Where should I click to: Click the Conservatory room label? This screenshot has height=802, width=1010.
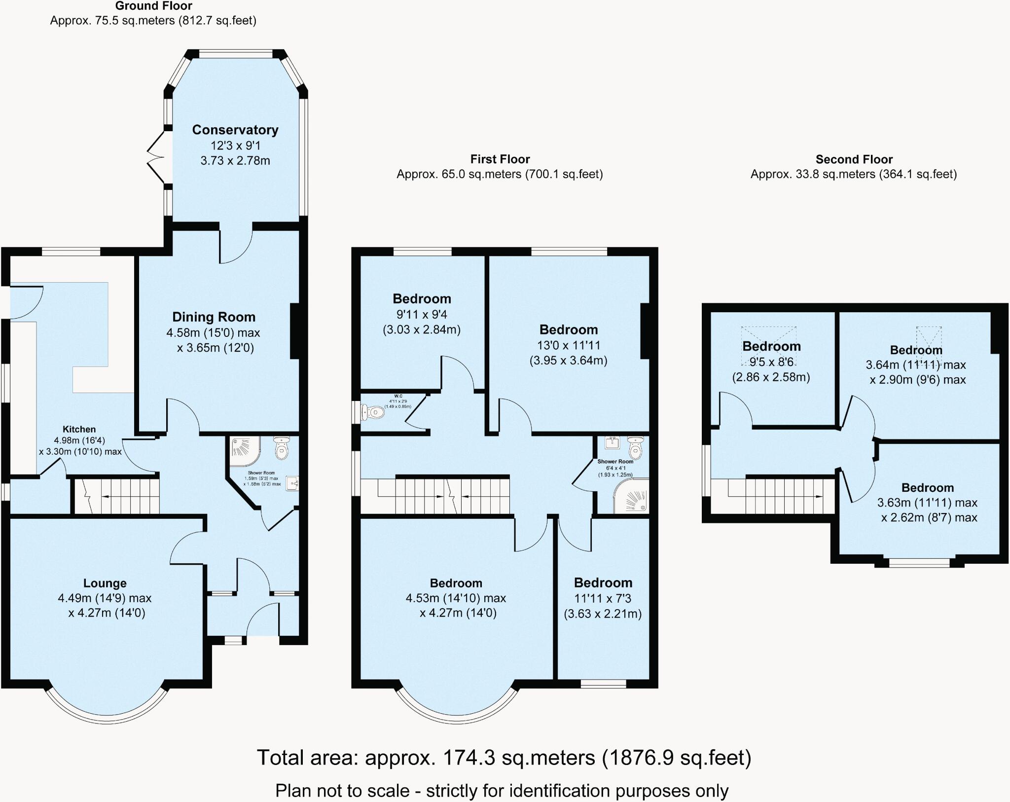tap(235, 130)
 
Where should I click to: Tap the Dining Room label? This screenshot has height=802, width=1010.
tap(214, 317)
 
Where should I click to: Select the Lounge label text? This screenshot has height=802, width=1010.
tap(105, 583)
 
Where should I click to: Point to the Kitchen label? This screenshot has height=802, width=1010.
tap(79, 429)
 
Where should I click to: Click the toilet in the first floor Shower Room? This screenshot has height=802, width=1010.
tap(635, 446)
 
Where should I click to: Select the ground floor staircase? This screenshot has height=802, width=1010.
tap(117, 496)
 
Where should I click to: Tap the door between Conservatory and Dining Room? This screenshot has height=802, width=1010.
tap(236, 246)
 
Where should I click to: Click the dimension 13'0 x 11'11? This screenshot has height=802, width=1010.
tap(568, 345)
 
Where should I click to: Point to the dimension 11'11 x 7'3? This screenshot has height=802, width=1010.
tap(603, 598)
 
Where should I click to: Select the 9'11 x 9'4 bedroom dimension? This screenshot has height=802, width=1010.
tap(422, 314)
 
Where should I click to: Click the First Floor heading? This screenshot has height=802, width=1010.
tap(500, 159)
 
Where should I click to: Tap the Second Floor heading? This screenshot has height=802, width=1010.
tap(854, 159)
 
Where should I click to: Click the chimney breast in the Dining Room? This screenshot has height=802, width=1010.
tap(295, 330)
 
